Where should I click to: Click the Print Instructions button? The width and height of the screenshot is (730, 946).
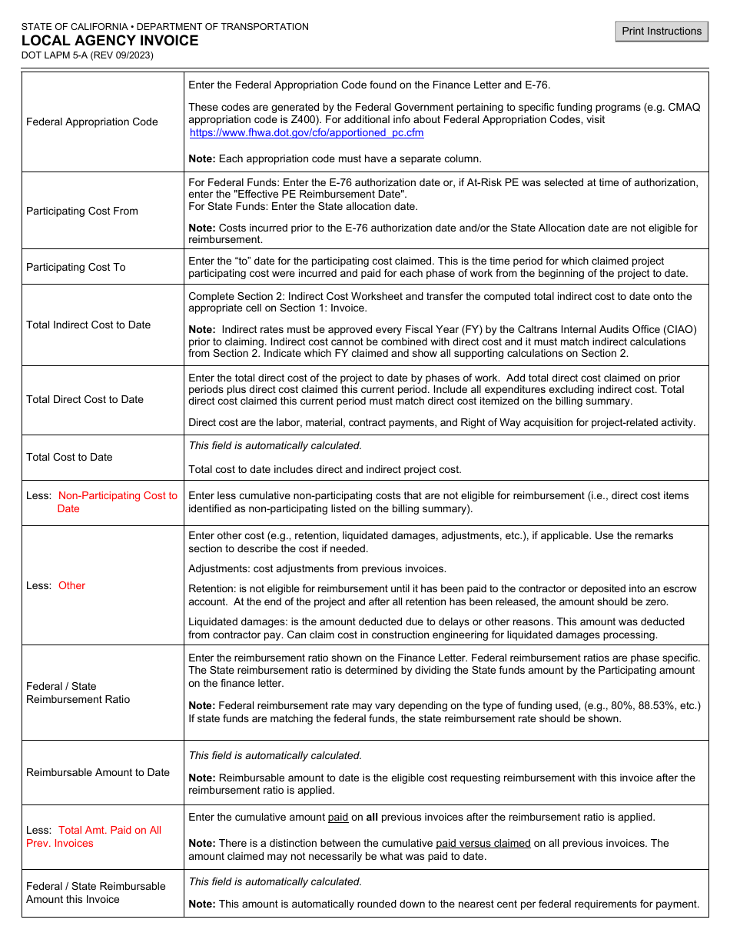[x=662, y=31]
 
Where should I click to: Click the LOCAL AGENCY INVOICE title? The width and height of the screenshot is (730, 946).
[x=110, y=41]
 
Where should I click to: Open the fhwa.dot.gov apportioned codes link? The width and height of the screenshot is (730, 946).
[x=307, y=132]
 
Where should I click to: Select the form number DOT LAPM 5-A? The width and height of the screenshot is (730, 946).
[x=87, y=55]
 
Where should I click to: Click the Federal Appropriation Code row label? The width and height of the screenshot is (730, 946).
[x=92, y=122]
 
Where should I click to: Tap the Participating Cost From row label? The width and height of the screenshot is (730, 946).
[x=82, y=211]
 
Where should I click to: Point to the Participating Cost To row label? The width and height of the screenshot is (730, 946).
[x=76, y=267]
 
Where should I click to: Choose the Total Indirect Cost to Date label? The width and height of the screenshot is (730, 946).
[x=88, y=325]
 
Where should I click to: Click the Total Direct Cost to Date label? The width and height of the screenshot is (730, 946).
[x=85, y=399]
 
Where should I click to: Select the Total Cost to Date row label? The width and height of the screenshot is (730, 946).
[x=69, y=457]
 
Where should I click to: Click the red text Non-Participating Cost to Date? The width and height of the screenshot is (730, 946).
[x=117, y=501]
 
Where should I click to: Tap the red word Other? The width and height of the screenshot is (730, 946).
[x=71, y=585]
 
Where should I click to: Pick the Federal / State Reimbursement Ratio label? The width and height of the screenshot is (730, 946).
[x=78, y=692]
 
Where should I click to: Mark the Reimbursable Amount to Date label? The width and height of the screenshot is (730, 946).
[x=98, y=772]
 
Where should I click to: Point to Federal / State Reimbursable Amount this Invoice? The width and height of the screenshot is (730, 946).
[x=95, y=892]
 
